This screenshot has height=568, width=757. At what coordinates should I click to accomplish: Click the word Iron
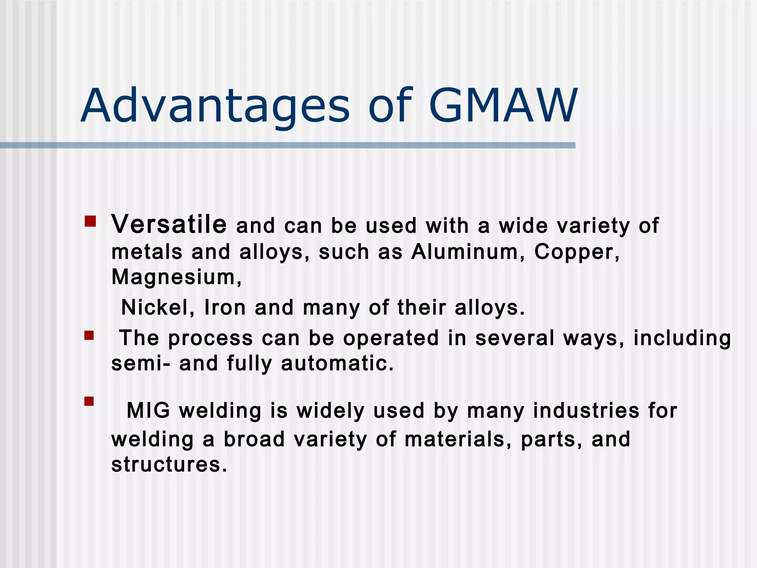[225, 307]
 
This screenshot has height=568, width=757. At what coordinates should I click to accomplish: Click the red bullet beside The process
[89, 335]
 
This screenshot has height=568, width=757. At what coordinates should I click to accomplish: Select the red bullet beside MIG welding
[89, 401]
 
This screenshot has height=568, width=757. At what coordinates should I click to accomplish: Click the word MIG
[148, 410]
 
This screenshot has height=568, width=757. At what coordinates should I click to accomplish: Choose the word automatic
[337, 363]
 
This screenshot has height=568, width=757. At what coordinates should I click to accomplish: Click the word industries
[586, 410]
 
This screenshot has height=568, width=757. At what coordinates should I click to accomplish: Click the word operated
[391, 338]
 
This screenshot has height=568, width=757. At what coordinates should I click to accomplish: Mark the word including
[682, 338]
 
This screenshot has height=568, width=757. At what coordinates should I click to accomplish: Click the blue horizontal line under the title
[288, 145]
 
